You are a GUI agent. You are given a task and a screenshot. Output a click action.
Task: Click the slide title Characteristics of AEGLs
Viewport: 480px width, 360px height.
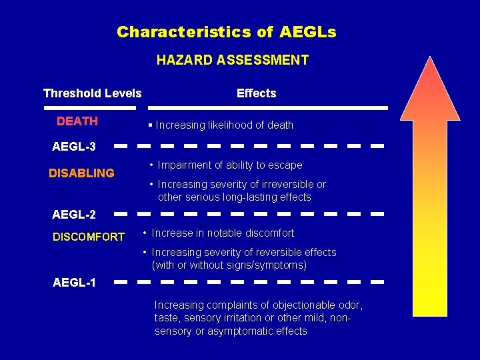pyautogui.click(x=226, y=31)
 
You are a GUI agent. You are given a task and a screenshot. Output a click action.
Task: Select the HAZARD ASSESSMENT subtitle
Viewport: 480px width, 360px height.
pyautogui.click(x=232, y=60)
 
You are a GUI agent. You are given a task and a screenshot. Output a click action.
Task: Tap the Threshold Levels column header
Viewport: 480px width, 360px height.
pyautogui.click(x=92, y=93)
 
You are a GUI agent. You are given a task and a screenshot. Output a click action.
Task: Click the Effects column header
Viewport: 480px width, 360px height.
pyautogui.click(x=256, y=93)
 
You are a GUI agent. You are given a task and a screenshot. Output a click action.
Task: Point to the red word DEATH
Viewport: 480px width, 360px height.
pyautogui.click(x=77, y=121)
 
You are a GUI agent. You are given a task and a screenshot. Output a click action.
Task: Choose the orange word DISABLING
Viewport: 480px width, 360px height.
pyautogui.click(x=81, y=173)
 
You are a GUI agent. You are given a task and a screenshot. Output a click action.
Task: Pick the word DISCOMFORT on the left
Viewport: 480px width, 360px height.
pyautogui.click(x=88, y=237)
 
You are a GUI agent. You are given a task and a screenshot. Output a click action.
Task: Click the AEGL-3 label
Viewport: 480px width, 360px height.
pyautogui.click(x=74, y=147)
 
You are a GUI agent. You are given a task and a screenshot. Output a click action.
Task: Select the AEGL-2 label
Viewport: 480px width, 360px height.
pyautogui.click(x=74, y=215)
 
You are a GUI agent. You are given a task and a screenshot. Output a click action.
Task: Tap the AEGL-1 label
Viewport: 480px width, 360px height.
pyautogui.click(x=74, y=283)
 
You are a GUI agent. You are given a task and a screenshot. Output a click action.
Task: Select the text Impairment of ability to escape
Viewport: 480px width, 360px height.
pyautogui.click(x=230, y=165)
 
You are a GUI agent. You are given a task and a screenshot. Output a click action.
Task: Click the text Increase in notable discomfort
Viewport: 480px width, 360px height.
pyautogui.click(x=223, y=233)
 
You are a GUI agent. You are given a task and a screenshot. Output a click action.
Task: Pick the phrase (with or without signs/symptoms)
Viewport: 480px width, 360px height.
pyautogui.click(x=229, y=265)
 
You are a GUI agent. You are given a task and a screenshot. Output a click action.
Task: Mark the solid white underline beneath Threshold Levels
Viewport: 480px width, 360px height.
pyautogui.click(x=92, y=107)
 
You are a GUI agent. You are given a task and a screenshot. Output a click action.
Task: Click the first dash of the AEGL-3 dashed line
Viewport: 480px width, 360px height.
pyautogui.click(x=121, y=145)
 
